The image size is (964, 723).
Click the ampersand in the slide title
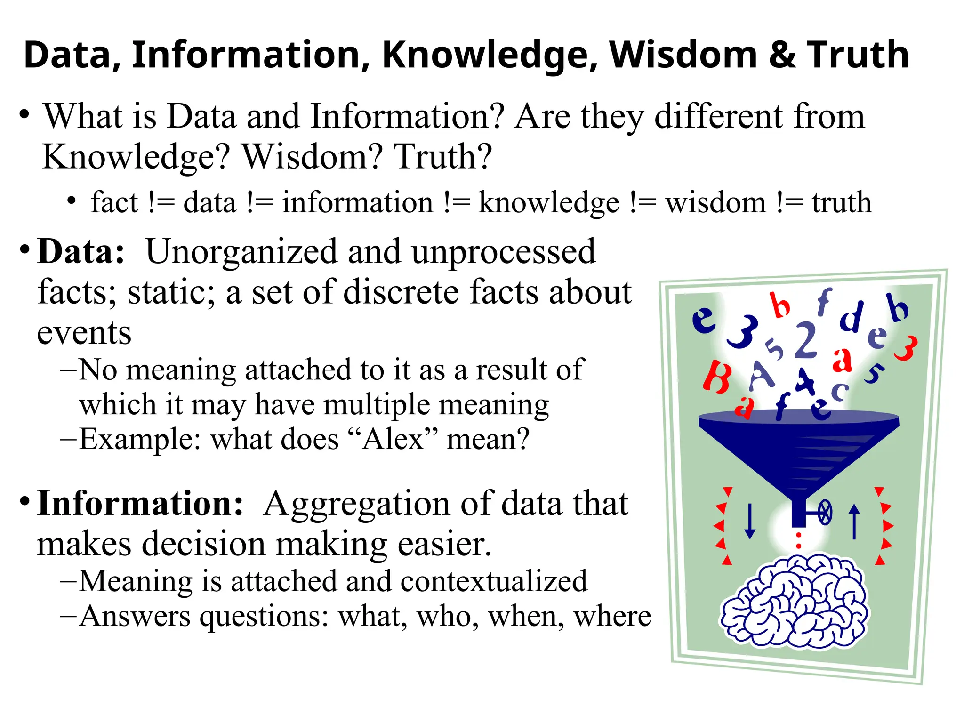click(x=782, y=55)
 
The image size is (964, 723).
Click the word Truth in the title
click(x=858, y=55)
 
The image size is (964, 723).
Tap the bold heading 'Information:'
click(x=140, y=504)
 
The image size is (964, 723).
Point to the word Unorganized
click(x=241, y=252)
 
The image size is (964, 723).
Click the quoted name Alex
click(x=393, y=439)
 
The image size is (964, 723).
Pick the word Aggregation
click(x=357, y=504)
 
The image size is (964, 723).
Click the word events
click(x=84, y=333)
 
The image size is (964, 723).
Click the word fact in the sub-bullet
click(x=114, y=202)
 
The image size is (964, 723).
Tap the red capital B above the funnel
click(x=716, y=377)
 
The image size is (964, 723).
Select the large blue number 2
click(x=805, y=340)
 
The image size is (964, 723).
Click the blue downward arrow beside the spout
click(x=750, y=521)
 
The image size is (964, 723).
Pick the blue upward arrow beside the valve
click(x=854, y=521)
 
